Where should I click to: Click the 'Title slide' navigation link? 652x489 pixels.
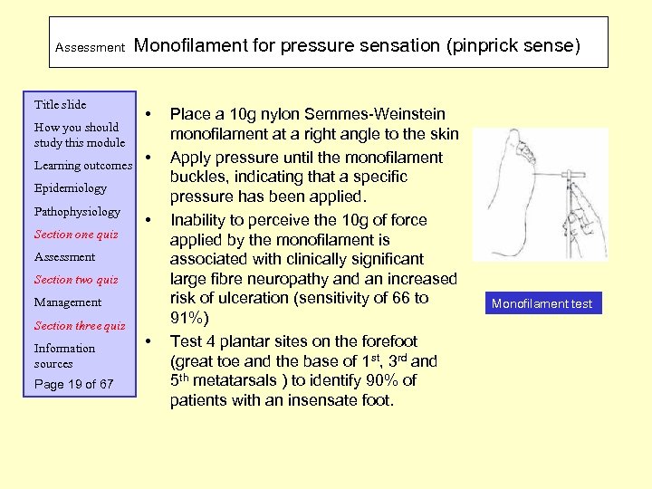tap(60, 105)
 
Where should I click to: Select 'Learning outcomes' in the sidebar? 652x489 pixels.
tap(82, 166)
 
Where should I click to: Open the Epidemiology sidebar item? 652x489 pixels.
tap(70, 188)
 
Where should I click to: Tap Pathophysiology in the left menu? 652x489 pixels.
tap(77, 212)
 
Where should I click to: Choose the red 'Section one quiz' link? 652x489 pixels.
tap(76, 235)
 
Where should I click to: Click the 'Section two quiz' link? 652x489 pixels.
tap(76, 280)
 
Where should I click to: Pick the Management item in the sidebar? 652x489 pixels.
tap(68, 302)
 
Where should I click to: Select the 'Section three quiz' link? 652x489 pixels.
tap(80, 326)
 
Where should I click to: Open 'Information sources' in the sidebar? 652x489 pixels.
tap(64, 356)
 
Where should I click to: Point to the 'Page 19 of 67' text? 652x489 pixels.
tap(74, 385)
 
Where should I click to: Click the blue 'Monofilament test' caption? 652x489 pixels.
tap(542, 303)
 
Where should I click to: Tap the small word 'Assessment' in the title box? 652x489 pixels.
tap(90, 47)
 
